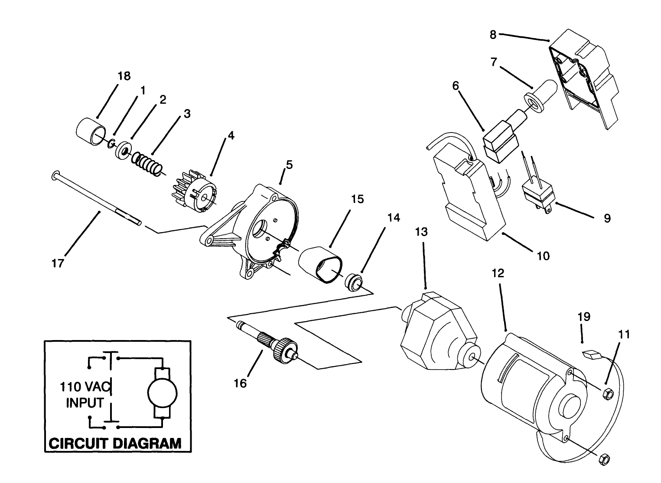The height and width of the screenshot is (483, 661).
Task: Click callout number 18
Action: pyautogui.click(x=124, y=76)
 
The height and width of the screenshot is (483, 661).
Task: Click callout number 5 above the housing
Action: pyautogui.click(x=289, y=165)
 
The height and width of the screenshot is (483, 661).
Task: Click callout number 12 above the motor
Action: pyautogui.click(x=498, y=273)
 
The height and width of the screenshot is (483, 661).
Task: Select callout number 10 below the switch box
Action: pyautogui.click(x=543, y=256)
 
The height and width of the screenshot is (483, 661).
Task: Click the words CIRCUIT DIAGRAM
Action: pyautogui.click(x=114, y=444)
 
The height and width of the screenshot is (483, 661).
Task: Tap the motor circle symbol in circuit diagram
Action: pyautogui.click(x=163, y=392)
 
